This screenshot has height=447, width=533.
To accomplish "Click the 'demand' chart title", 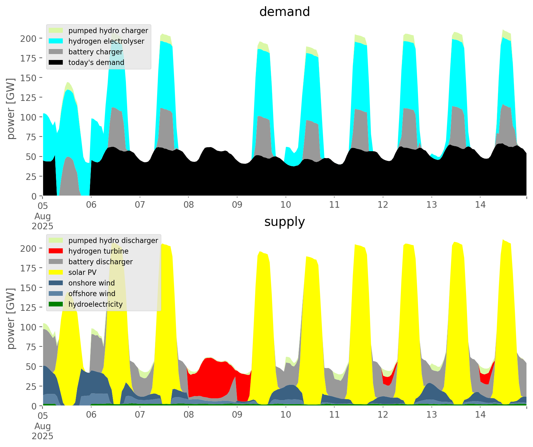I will [x=284, y=12].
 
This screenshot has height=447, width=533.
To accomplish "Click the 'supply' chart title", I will [x=284, y=222].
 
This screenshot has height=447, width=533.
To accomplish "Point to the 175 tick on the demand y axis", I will [x=31, y=58].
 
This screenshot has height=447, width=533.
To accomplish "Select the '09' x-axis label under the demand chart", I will [x=237, y=205].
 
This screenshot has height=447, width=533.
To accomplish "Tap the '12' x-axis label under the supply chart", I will [x=383, y=415].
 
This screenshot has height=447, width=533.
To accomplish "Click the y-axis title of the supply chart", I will [x=11, y=319].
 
